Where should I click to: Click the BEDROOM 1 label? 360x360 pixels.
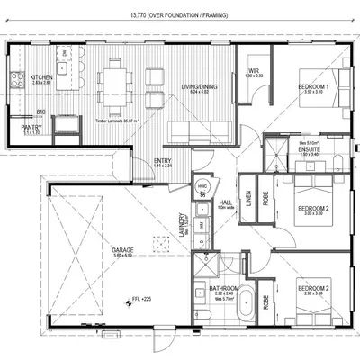312,85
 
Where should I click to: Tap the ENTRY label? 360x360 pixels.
162,160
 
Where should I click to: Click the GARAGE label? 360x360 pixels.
122,249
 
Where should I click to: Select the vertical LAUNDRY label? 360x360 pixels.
183,220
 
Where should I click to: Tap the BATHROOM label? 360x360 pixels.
221,287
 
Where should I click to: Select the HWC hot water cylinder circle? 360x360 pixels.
202,187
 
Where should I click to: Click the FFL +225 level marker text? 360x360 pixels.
144,297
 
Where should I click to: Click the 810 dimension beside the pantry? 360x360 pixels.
40,112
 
